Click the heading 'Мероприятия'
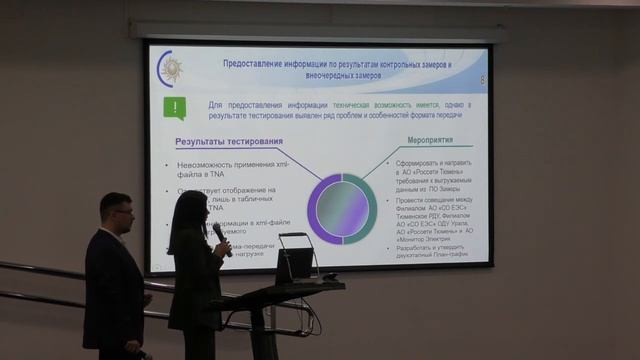(x=431, y=140)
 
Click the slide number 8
(x=482, y=79)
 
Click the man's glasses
(x=122, y=212)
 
